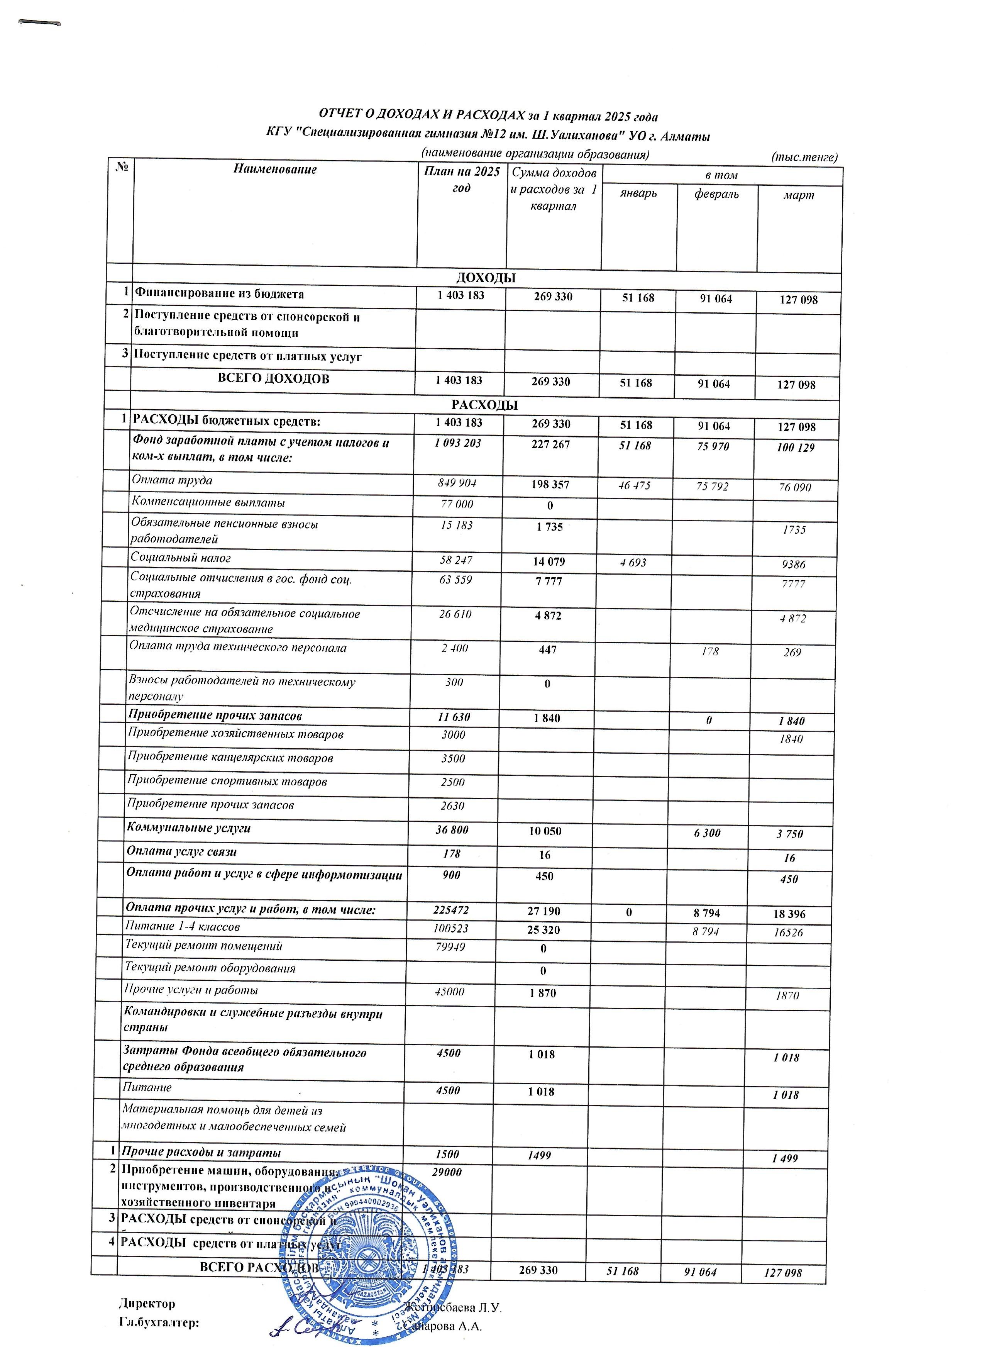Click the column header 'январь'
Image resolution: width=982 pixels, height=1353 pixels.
coord(638,193)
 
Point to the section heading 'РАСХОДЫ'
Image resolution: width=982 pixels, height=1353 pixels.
coord(484,405)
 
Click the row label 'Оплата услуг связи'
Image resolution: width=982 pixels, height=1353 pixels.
coord(182,852)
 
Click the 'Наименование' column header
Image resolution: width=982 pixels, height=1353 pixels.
coord(275,170)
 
